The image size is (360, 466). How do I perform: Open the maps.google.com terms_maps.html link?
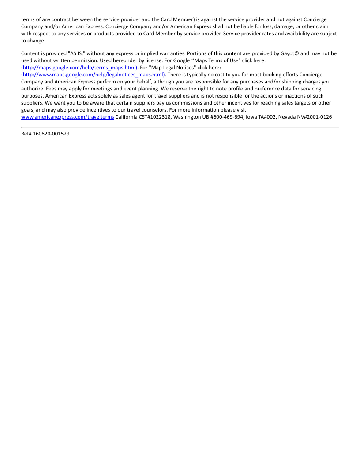point(80,68)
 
